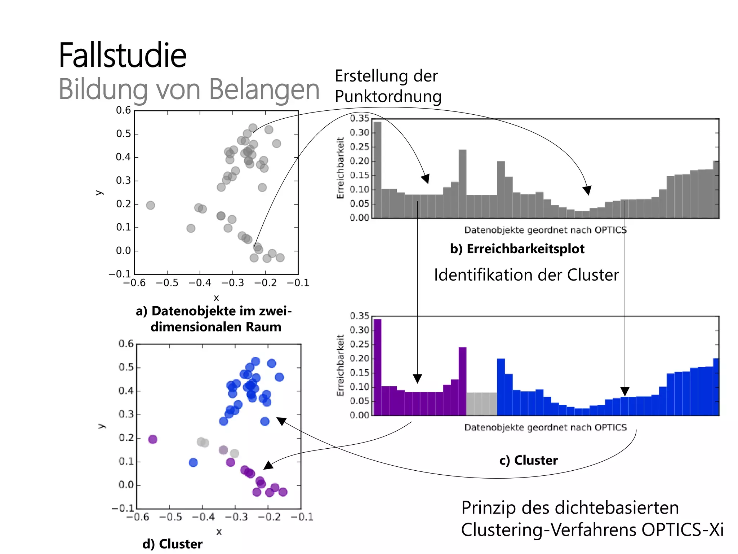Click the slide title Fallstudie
tap(123, 56)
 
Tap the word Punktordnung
tap(388, 97)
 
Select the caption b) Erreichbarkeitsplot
tap(517, 249)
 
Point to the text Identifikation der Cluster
tap(526, 275)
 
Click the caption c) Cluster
tap(528, 460)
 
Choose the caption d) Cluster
tap(172, 544)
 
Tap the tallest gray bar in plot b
tap(377, 170)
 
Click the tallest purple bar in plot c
tap(377, 367)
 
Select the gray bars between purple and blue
tap(481, 404)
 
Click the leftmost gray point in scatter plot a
tap(151, 205)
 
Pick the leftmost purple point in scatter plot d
tap(153, 439)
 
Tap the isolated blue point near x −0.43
tap(193, 462)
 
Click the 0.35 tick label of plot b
tap(359, 118)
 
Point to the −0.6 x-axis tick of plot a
tap(134, 283)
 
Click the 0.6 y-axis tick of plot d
tap(126, 344)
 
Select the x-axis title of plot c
tap(545, 427)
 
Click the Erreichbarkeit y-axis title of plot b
tap(340, 168)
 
